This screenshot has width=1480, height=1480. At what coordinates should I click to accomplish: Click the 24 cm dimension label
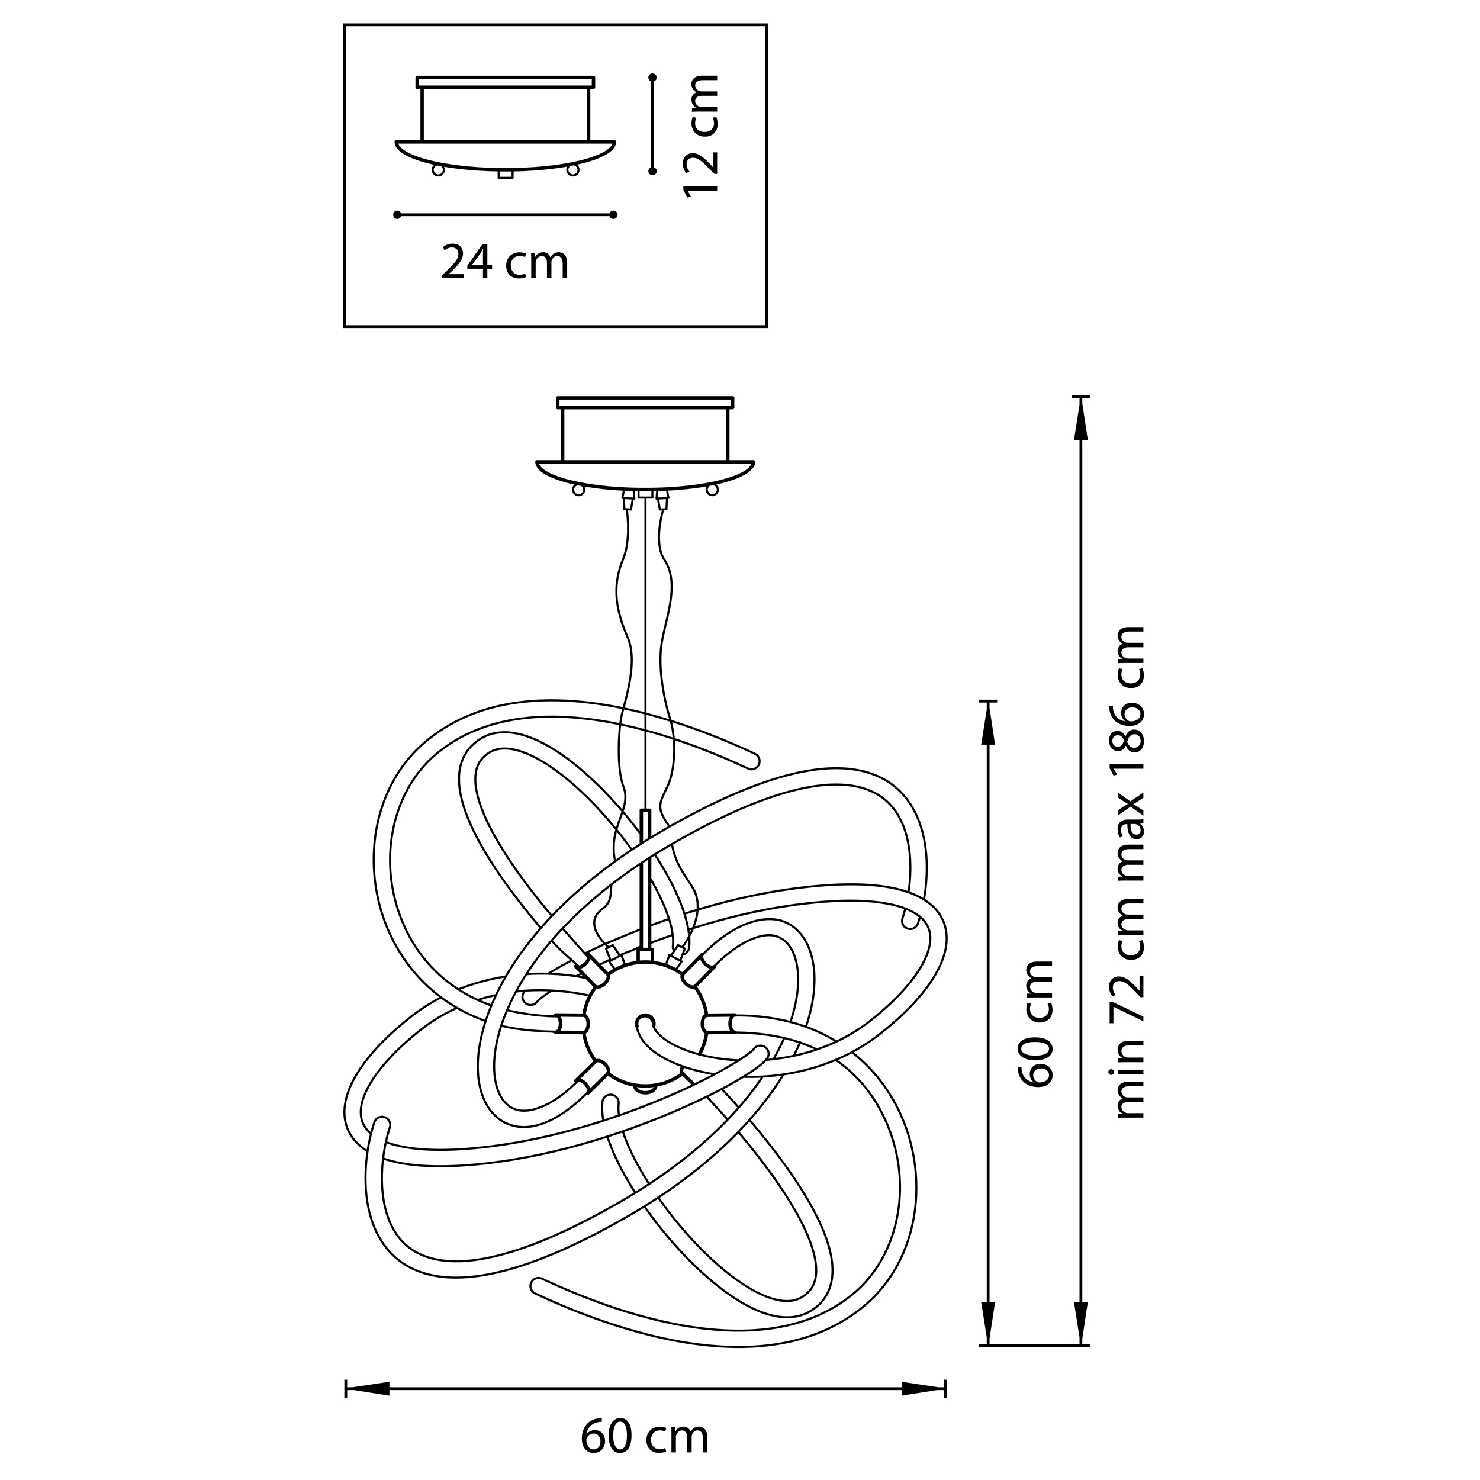(505, 263)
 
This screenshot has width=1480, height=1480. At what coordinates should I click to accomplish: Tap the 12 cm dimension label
(701, 136)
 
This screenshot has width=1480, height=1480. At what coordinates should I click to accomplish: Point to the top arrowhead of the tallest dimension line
(1081, 419)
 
